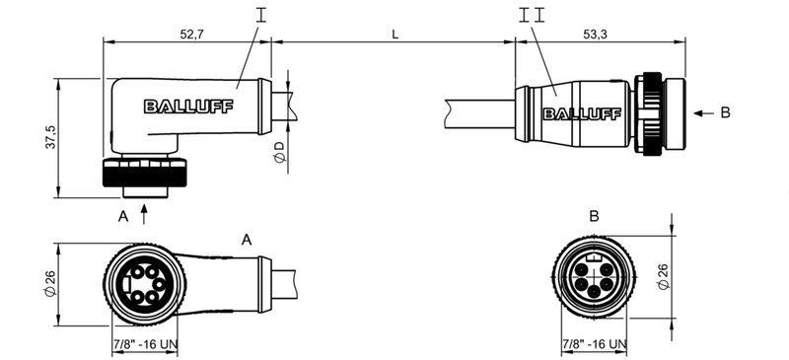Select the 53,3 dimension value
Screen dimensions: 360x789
pyautogui.click(x=596, y=34)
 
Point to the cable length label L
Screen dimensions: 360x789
pyautogui.click(x=394, y=34)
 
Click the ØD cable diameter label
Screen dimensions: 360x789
pyautogui.click(x=279, y=153)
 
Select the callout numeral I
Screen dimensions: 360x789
pyautogui.click(x=260, y=14)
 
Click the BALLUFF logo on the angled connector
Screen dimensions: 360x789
pyautogui.click(x=187, y=107)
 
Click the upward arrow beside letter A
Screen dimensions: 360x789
pyautogui.click(x=146, y=209)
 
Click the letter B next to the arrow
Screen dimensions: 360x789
pyautogui.click(x=725, y=112)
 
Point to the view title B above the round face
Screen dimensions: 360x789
pyautogui.click(x=594, y=216)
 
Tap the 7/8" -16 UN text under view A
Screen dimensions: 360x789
pyautogui.click(x=146, y=344)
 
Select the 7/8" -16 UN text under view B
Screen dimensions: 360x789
pyautogui.click(x=594, y=344)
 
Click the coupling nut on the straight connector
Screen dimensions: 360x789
pyautogui.click(x=652, y=111)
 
